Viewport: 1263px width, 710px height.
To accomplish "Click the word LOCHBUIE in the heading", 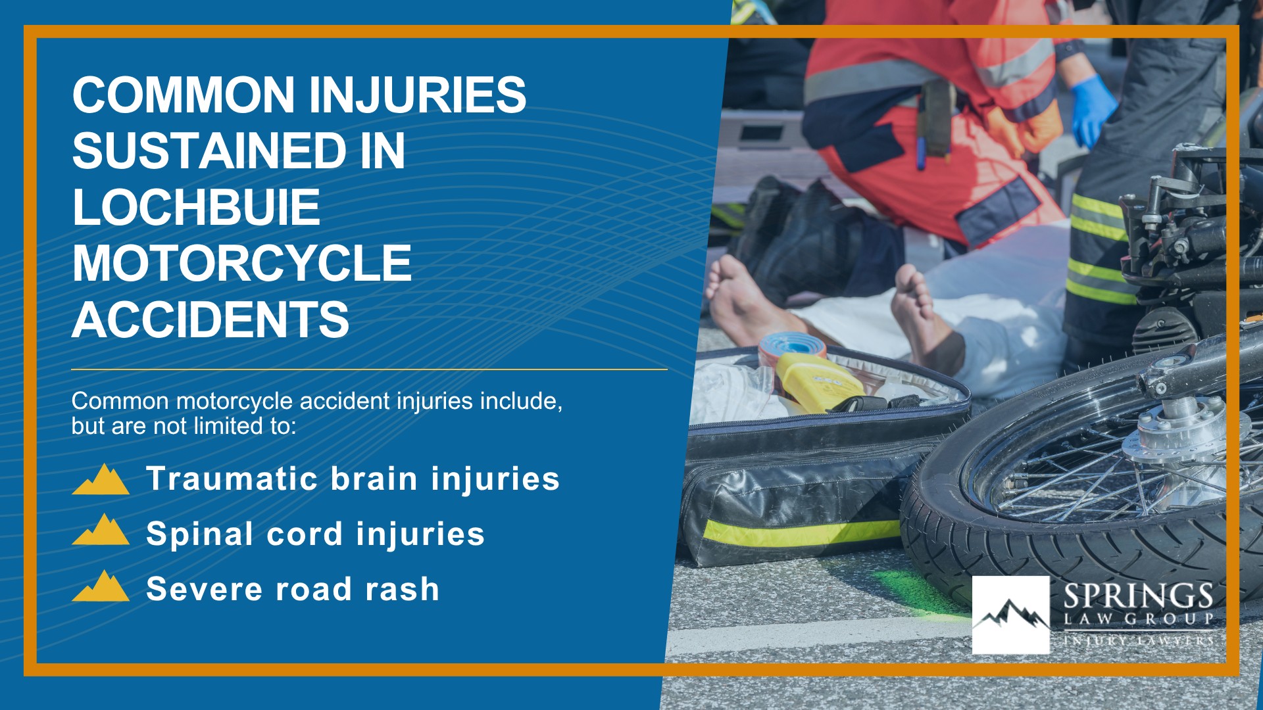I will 196,208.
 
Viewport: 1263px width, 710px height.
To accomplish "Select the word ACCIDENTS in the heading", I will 210,320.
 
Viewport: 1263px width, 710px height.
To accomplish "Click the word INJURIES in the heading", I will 417,95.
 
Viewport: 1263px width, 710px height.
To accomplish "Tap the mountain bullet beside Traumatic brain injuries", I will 101,479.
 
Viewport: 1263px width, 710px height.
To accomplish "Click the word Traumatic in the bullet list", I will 232,478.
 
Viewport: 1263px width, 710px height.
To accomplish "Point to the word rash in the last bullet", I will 402,589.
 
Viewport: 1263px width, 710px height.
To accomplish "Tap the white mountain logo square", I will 1010,615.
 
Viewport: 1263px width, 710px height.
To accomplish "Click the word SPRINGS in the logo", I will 1138,596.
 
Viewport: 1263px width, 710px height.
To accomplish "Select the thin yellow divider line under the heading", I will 369,369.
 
